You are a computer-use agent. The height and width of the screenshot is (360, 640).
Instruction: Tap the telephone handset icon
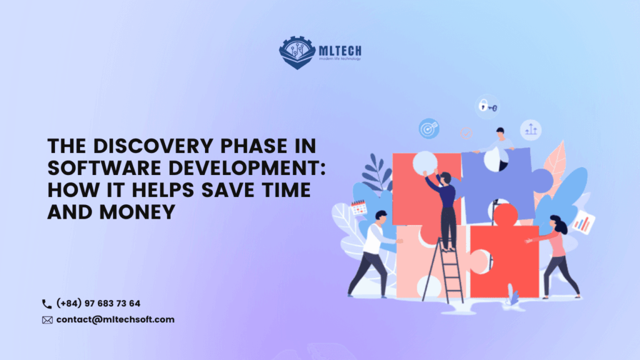pyautogui.click(x=47, y=304)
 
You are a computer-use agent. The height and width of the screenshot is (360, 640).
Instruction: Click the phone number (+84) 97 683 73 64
pyautogui.click(x=98, y=304)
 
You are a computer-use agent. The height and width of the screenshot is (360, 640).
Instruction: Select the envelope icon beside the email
pyautogui.click(x=47, y=320)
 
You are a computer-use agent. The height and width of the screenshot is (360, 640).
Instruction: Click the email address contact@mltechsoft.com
pyautogui.click(x=115, y=320)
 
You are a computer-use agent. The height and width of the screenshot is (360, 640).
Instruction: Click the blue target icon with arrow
pyautogui.click(x=429, y=128)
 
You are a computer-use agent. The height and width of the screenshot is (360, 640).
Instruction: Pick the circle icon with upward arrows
pyautogui.click(x=531, y=129)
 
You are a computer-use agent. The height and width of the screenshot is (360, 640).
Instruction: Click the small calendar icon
pyautogui.click(x=359, y=207)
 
